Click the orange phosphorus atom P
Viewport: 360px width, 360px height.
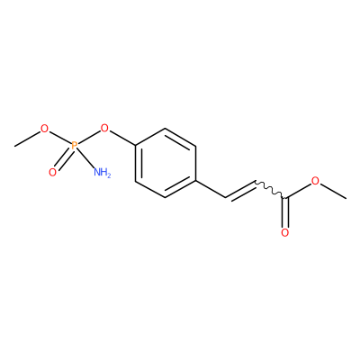pyautogui.click(x=75, y=146)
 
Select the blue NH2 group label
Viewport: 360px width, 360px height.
pyautogui.click(x=103, y=173)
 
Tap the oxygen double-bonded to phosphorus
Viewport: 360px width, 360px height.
pyautogui.click(x=52, y=172)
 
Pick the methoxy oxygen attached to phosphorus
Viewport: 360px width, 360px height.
pyautogui.click(x=44, y=129)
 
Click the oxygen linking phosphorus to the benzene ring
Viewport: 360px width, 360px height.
pyautogui.click(x=104, y=129)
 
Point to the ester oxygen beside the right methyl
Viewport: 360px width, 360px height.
pyautogui.click(x=315, y=181)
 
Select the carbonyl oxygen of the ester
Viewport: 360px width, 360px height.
pyautogui.click(x=285, y=233)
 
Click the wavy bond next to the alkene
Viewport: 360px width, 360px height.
pyautogui.click(x=270, y=190)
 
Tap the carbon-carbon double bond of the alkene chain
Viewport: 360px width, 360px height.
pyautogui.click(x=240, y=191)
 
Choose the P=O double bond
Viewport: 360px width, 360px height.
pyautogui.click(x=64, y=159)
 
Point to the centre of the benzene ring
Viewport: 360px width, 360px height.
pyautogui.click(x=166, y=163)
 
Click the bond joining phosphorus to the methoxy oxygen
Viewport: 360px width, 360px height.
pyautogui.click(x=60, y=138)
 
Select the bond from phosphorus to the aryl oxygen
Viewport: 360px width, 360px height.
pyautogui.click(x=89, y=138)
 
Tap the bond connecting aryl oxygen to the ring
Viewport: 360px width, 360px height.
pyautogui.click(x=122, y=139)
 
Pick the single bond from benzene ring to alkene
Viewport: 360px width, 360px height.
pyautogui.click(x=211, y=189)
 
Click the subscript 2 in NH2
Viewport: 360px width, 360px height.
pyautogui.click(x=109, y=175)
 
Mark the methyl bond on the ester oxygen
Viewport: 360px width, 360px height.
pyautogui.click(x=333, y=191)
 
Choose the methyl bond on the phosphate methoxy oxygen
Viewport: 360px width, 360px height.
pyautogui.click(x=27, y=139)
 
